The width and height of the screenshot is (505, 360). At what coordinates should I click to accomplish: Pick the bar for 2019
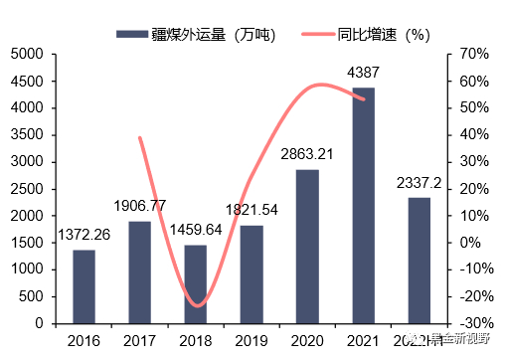point(252,273)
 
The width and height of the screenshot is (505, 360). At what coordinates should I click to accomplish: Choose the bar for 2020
point(307,246)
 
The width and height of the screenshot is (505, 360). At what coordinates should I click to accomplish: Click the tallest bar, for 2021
point(363,205)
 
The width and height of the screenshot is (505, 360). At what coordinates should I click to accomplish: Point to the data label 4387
point(364,73)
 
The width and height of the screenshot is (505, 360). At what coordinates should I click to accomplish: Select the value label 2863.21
point(307,154)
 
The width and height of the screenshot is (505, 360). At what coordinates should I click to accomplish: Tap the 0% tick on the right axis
point(468,243)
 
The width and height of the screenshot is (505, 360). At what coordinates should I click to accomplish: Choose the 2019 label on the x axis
point(252,341)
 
